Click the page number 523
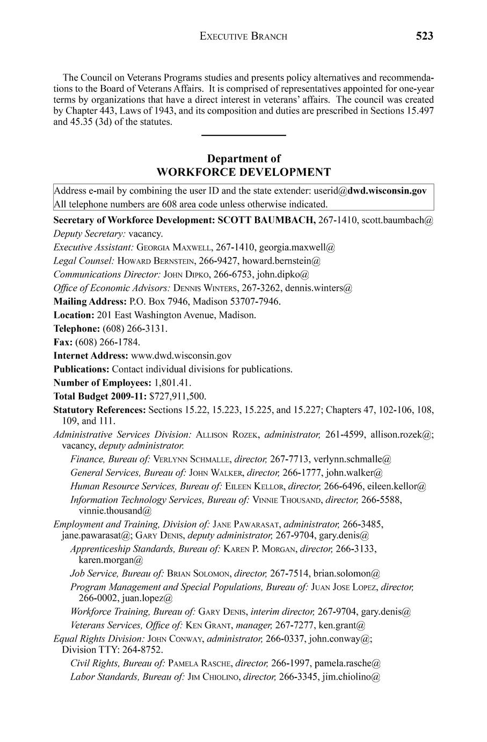[x=424, y=36]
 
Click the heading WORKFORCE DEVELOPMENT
[x=243, y=172]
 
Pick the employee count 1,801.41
[x=172, y=383]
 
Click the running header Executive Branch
[x=243, y=37]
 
